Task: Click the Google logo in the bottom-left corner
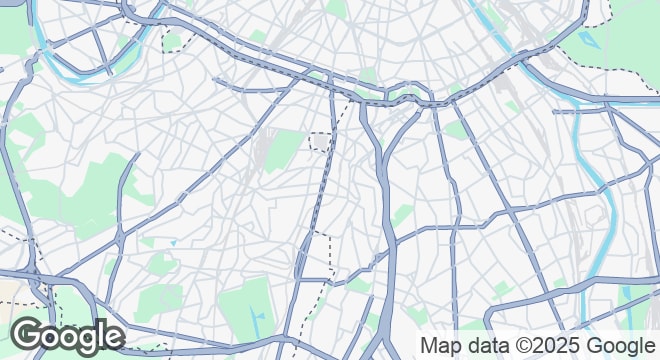point(67,336)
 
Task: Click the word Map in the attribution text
point(440,346)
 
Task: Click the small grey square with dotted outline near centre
point(320,141)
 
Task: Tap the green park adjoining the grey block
point(285,150)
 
